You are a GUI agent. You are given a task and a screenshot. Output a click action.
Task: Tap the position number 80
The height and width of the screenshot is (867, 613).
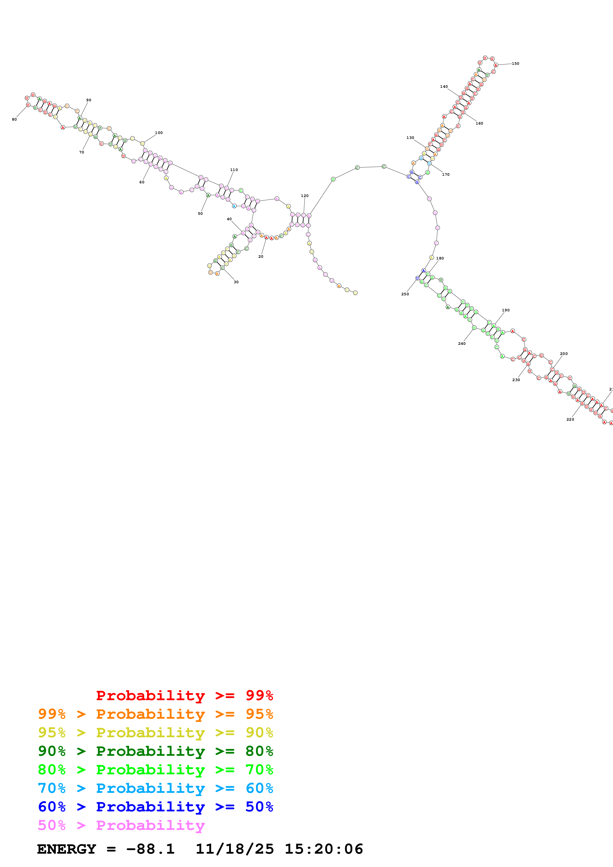(x=14, y=119)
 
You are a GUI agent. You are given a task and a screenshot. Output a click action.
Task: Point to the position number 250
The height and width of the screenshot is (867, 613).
(x=405, y=294)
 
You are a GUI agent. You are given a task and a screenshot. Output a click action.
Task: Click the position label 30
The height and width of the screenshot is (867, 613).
(x=236, y=282)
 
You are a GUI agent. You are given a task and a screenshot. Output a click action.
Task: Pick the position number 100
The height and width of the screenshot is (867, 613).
(x=159, y=132)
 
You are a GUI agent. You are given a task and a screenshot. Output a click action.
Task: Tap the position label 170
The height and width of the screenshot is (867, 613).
(x=446, y=174)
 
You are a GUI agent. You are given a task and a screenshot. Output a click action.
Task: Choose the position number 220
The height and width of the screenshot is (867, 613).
(x=570, y=419)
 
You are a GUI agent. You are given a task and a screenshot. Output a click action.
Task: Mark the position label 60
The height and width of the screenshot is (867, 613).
(x=142, y=182)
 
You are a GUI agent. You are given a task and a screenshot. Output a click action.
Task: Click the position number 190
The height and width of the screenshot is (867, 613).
(x=506, y=310)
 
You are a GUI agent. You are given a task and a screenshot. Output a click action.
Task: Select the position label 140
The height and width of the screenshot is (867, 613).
(x=444, y=87)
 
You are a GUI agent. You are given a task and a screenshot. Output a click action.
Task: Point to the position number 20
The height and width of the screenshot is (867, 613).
(x=261, y=256)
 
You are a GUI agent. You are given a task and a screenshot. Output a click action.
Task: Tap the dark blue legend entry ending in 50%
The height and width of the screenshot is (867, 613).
(x=155, y=807)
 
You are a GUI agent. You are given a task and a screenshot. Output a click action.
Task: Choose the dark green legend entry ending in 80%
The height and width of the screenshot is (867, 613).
(x=155, y=751)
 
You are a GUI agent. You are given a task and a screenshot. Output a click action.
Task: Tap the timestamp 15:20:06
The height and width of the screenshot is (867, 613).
(x=324, y=849)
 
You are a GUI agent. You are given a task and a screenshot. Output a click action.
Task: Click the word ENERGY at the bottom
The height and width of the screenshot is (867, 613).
(x=67, y=849)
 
